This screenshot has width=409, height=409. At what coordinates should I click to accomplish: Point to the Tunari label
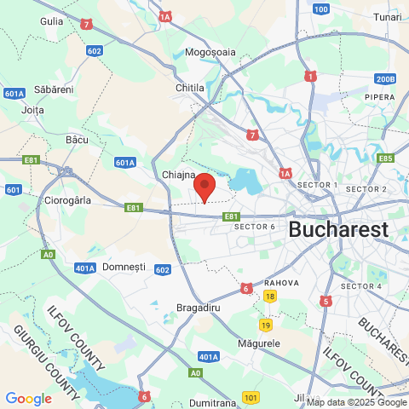(387, 16)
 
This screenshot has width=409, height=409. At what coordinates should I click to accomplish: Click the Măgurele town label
(259, 343)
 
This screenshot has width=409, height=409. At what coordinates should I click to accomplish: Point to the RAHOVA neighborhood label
(280, 283)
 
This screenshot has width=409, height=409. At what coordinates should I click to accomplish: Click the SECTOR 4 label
(361, 285)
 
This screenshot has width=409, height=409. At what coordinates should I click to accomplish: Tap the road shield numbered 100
(320, 9)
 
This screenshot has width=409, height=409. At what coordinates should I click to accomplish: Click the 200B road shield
(385, 79)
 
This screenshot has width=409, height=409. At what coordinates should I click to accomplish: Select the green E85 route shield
(385, 158)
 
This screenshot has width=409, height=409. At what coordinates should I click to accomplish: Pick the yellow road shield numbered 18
(269, 296)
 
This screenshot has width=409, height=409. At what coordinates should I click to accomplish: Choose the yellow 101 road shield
(250, 397)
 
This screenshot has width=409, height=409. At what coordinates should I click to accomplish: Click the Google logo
(28, 398)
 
